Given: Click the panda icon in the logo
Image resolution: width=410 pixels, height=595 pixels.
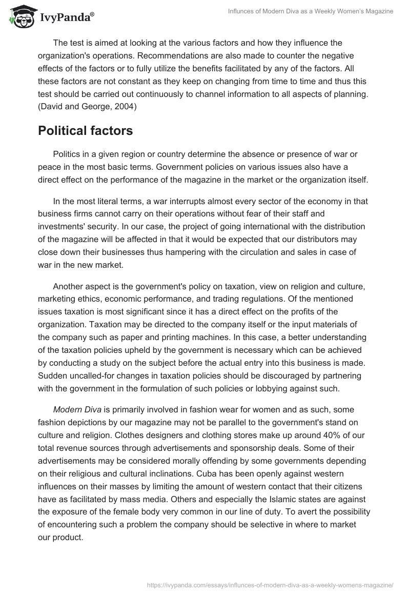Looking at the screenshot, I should (19, 16).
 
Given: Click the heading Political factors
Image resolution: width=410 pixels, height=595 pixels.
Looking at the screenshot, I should (86, 131).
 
